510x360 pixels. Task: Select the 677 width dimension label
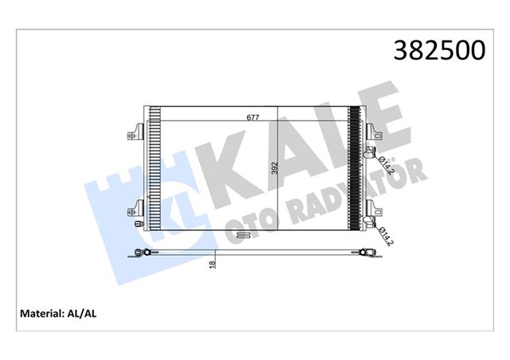[253, 118]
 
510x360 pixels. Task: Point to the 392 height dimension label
[273, 170]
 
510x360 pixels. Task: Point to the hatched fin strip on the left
[154, 168]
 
